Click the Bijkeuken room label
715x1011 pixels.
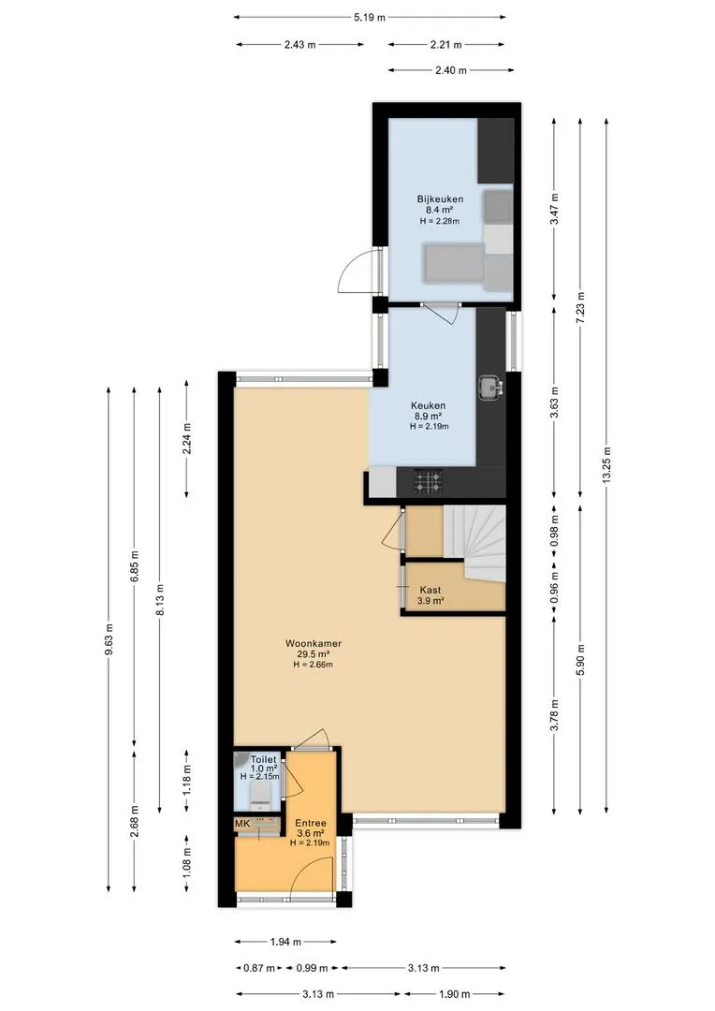click(x=440, y=199)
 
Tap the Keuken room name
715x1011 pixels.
click(x=428, y=405)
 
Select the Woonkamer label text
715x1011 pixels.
click(x=314, y=643)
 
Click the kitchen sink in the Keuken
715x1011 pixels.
click(x=490, y=388)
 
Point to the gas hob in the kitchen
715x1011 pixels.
click(x=428, y=481)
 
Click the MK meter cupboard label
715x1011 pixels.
click(x=242, y=824)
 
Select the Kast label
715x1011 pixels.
click(x=430, y=590)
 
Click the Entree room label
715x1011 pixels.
click(x=311, y=824)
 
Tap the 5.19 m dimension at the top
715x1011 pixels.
click(x=370, y=18)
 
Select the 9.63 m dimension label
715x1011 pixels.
click(x=109, y=639)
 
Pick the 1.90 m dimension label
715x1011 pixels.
click(x=455, y=994)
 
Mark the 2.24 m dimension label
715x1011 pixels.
click(x=187, y=439)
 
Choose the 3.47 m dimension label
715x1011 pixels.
click(x=554, y=209)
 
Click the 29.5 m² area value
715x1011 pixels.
click(x=314, y=654)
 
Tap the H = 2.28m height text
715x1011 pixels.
click(x=440, y=221)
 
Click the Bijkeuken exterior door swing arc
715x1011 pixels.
click(x=352, y=271)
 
